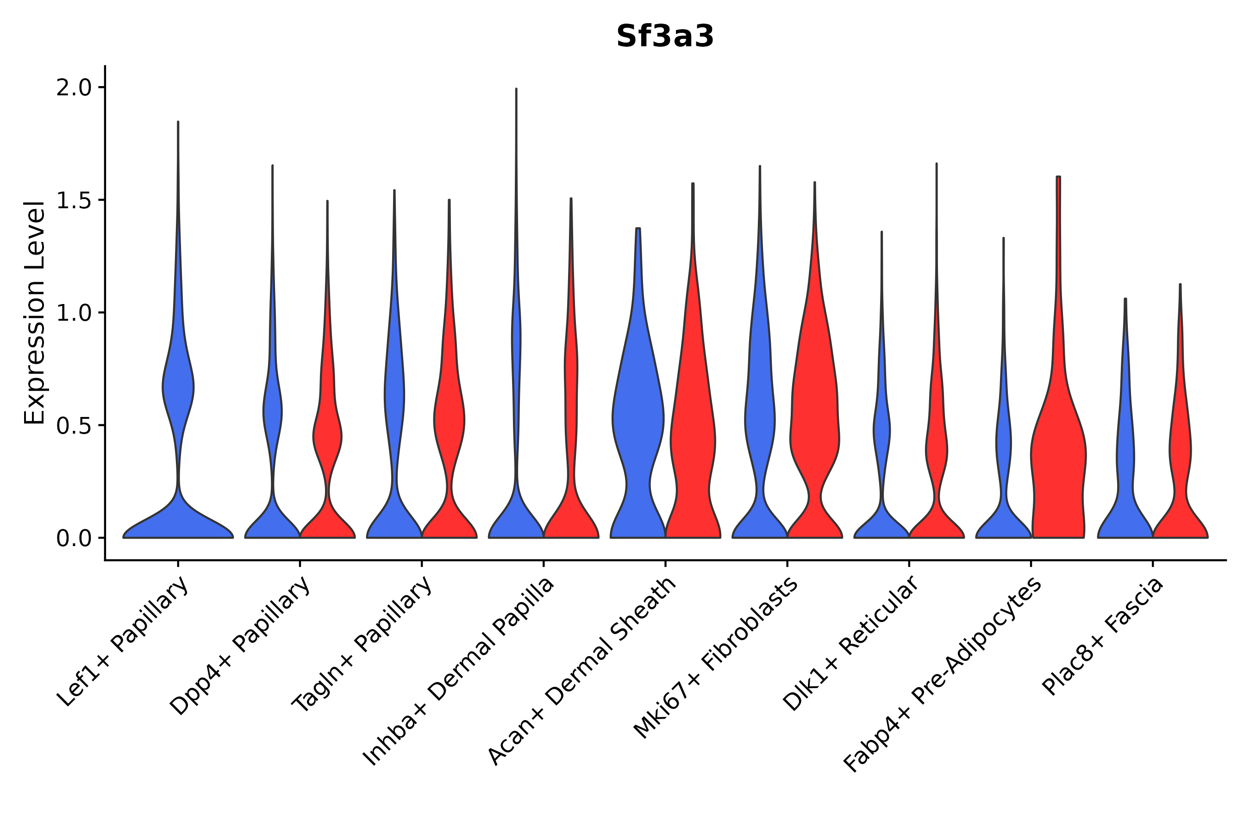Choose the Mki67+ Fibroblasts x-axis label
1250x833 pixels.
pyautogui.click(x=715, y=658)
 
